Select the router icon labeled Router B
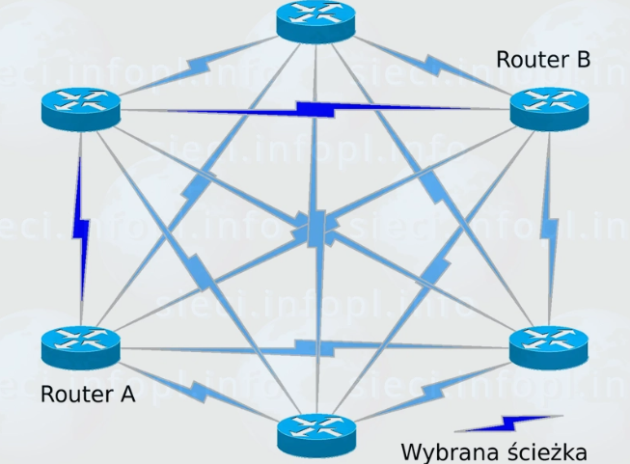click(548, 106)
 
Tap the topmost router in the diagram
click(315, 20)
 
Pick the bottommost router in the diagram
click(315, 435)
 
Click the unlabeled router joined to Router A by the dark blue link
click(80, 107)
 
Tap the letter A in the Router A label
click(126, 394)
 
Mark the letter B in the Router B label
click(582, 60)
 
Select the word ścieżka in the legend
click(540, 451)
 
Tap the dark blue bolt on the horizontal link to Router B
click(316, 108)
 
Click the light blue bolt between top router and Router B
click(434, 67)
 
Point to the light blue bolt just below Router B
click(549, 228)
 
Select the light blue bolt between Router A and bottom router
click(198, 390)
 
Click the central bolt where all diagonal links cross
click(316, 228)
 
